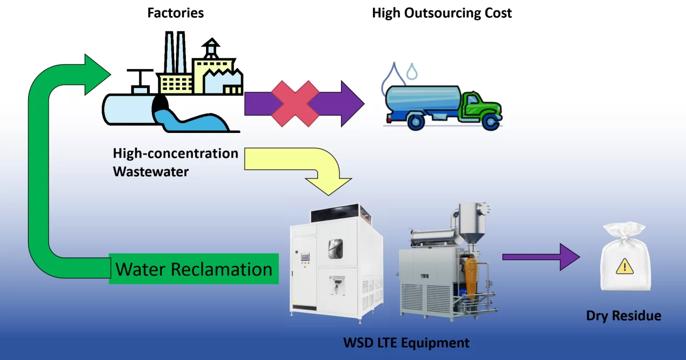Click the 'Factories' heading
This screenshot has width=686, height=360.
(x=176, y=12)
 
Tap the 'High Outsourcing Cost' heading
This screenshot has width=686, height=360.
(x=442, y=12)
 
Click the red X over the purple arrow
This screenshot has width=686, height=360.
(x=295, y=103)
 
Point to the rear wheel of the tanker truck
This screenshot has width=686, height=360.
(x=416, y=122)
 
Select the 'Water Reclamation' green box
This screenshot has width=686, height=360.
(x=194, y=269)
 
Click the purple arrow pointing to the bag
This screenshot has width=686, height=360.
(x=541, y=257)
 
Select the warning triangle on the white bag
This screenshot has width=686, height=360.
(x=625, y=265)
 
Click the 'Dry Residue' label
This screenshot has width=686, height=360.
(x=623, y=316)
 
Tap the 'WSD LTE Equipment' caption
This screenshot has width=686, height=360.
(x=407, y=342)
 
